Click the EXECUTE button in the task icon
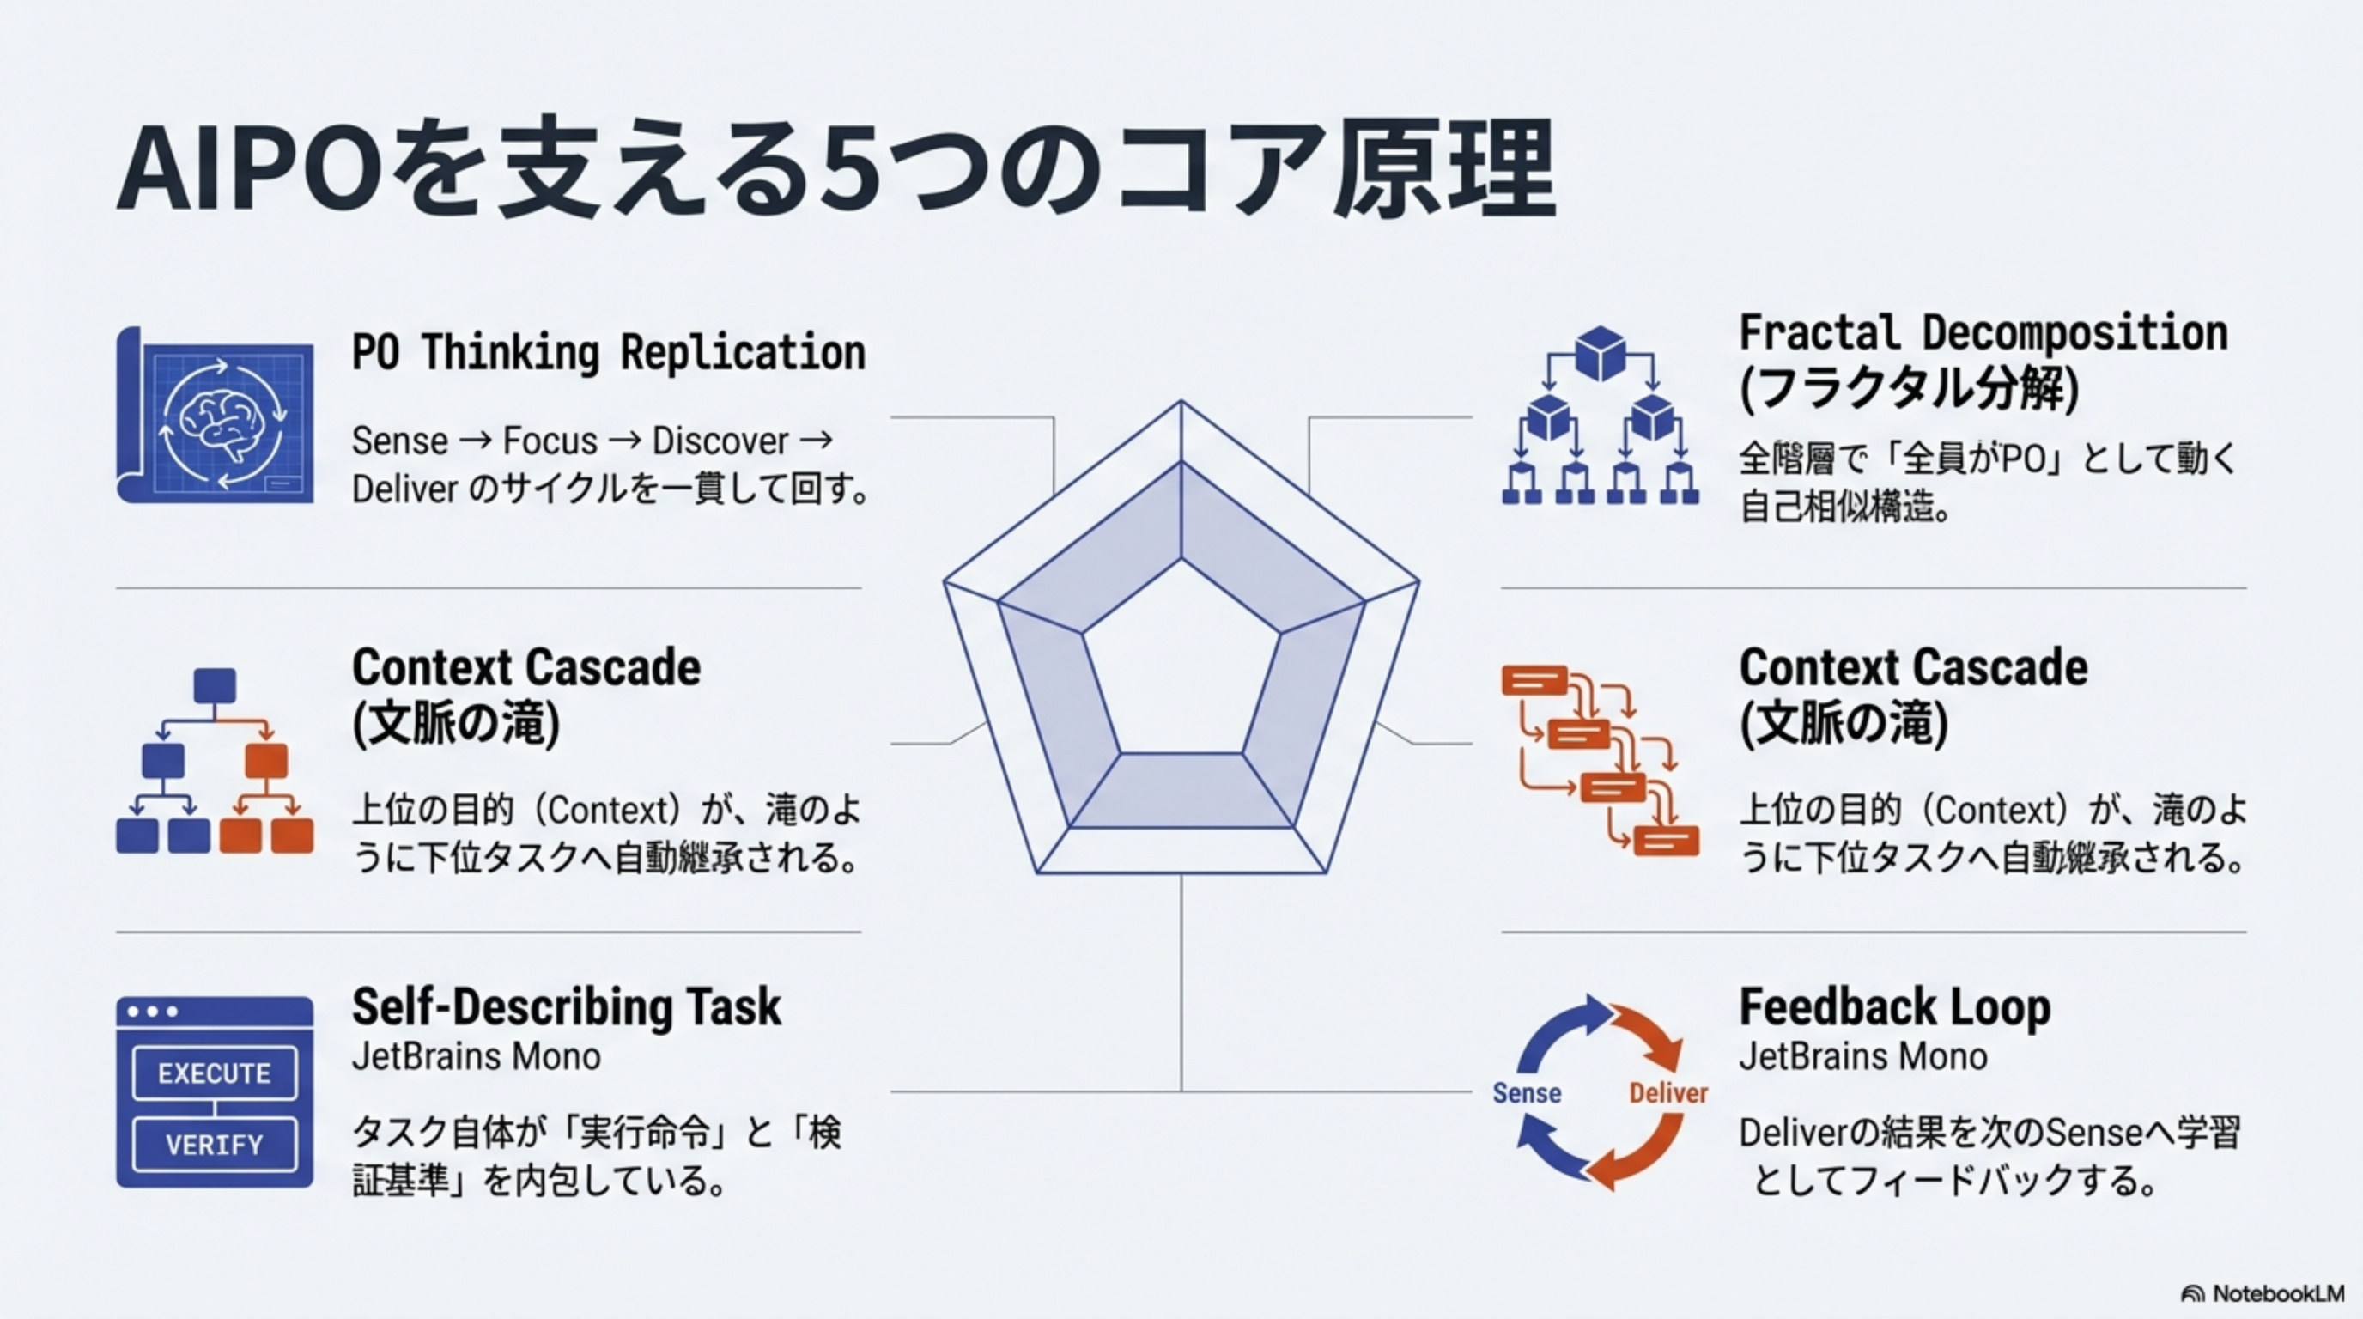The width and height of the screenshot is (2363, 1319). pos(215,1073)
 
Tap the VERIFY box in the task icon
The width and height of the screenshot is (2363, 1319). pos(215,1145)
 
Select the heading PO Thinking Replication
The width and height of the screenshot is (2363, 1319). pos(608,352)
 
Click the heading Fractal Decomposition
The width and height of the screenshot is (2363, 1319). pos(1983,333)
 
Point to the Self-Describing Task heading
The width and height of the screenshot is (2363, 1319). pos(566,1007)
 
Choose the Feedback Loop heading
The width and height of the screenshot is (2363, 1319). pos(1894,1007)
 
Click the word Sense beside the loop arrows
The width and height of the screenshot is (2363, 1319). pos(1527,1092)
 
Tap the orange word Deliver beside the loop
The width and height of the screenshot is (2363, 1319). pos(1667,1092)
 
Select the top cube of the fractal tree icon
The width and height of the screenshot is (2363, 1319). pos(1600,353)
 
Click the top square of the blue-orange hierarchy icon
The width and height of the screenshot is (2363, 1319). pos(215,686)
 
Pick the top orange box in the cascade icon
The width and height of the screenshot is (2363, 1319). pos(1534,681)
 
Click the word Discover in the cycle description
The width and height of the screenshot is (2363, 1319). pos(720,441)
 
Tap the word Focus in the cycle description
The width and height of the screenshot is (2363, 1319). pos(550,441)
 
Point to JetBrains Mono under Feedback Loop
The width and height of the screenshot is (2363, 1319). pos(1862,1057)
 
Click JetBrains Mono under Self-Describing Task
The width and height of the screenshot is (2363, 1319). pos(476,1057)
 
